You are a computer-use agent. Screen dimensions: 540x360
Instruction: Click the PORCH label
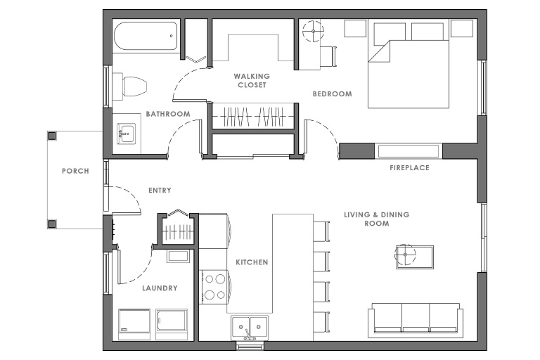[x=75, y=171]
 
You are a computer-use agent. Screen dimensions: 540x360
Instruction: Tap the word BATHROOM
[x=168, y=114]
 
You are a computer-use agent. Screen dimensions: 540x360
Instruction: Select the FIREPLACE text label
[x=409, y=168]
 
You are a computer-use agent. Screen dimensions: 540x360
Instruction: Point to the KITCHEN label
[x=252, y=262]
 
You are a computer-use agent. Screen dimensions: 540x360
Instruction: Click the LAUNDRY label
[x=160, y=288]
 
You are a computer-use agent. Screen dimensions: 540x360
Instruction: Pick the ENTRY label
[x=160, y=190]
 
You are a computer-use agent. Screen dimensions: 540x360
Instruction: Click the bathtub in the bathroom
[x=145, y=36]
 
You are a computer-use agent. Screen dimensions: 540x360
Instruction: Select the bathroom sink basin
[x=127, y=133]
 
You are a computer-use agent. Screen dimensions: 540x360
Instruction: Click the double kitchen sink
[x=250, y=328]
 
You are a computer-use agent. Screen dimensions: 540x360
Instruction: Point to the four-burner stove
[x=214, y=287]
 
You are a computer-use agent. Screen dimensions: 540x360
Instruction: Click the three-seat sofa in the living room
[x=416, y=320]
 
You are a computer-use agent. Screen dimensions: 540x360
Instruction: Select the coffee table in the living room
[x=415, y=257]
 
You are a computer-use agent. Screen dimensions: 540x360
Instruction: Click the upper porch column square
[x=51, y=136]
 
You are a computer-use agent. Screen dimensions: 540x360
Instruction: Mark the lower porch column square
[x=51, y=224]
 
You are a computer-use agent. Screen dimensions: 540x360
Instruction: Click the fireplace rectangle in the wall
[x=409, y=151]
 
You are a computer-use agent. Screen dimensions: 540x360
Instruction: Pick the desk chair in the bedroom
[x=328, y=56]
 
